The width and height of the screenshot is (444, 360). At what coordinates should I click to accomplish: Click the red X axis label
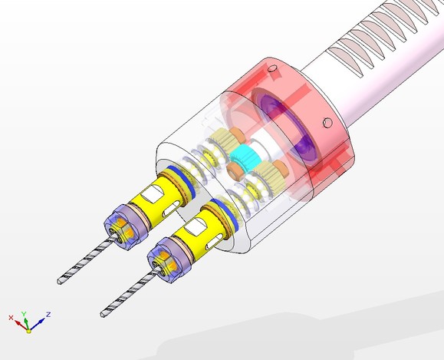pyautogui.click(x=11, y=318)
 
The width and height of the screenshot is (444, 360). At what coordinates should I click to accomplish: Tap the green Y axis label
pyautogui.click(x=24, y=313)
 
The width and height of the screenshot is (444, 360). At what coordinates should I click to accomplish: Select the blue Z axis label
pyautogui.click(x=48, y=315)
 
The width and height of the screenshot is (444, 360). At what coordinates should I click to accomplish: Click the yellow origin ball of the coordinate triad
pyautogui.click(x=28, y=331)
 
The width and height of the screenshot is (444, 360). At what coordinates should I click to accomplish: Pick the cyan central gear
pyautogui.click(x=242, y=157)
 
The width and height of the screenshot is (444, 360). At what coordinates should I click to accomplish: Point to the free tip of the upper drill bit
pyautogui.click(x=59, y=282)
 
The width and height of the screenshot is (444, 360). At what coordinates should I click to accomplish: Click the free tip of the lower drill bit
pyautogui.click(x=103, y=314)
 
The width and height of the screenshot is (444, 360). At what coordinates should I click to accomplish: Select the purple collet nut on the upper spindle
pyautogui.click(x=123, y=226)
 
